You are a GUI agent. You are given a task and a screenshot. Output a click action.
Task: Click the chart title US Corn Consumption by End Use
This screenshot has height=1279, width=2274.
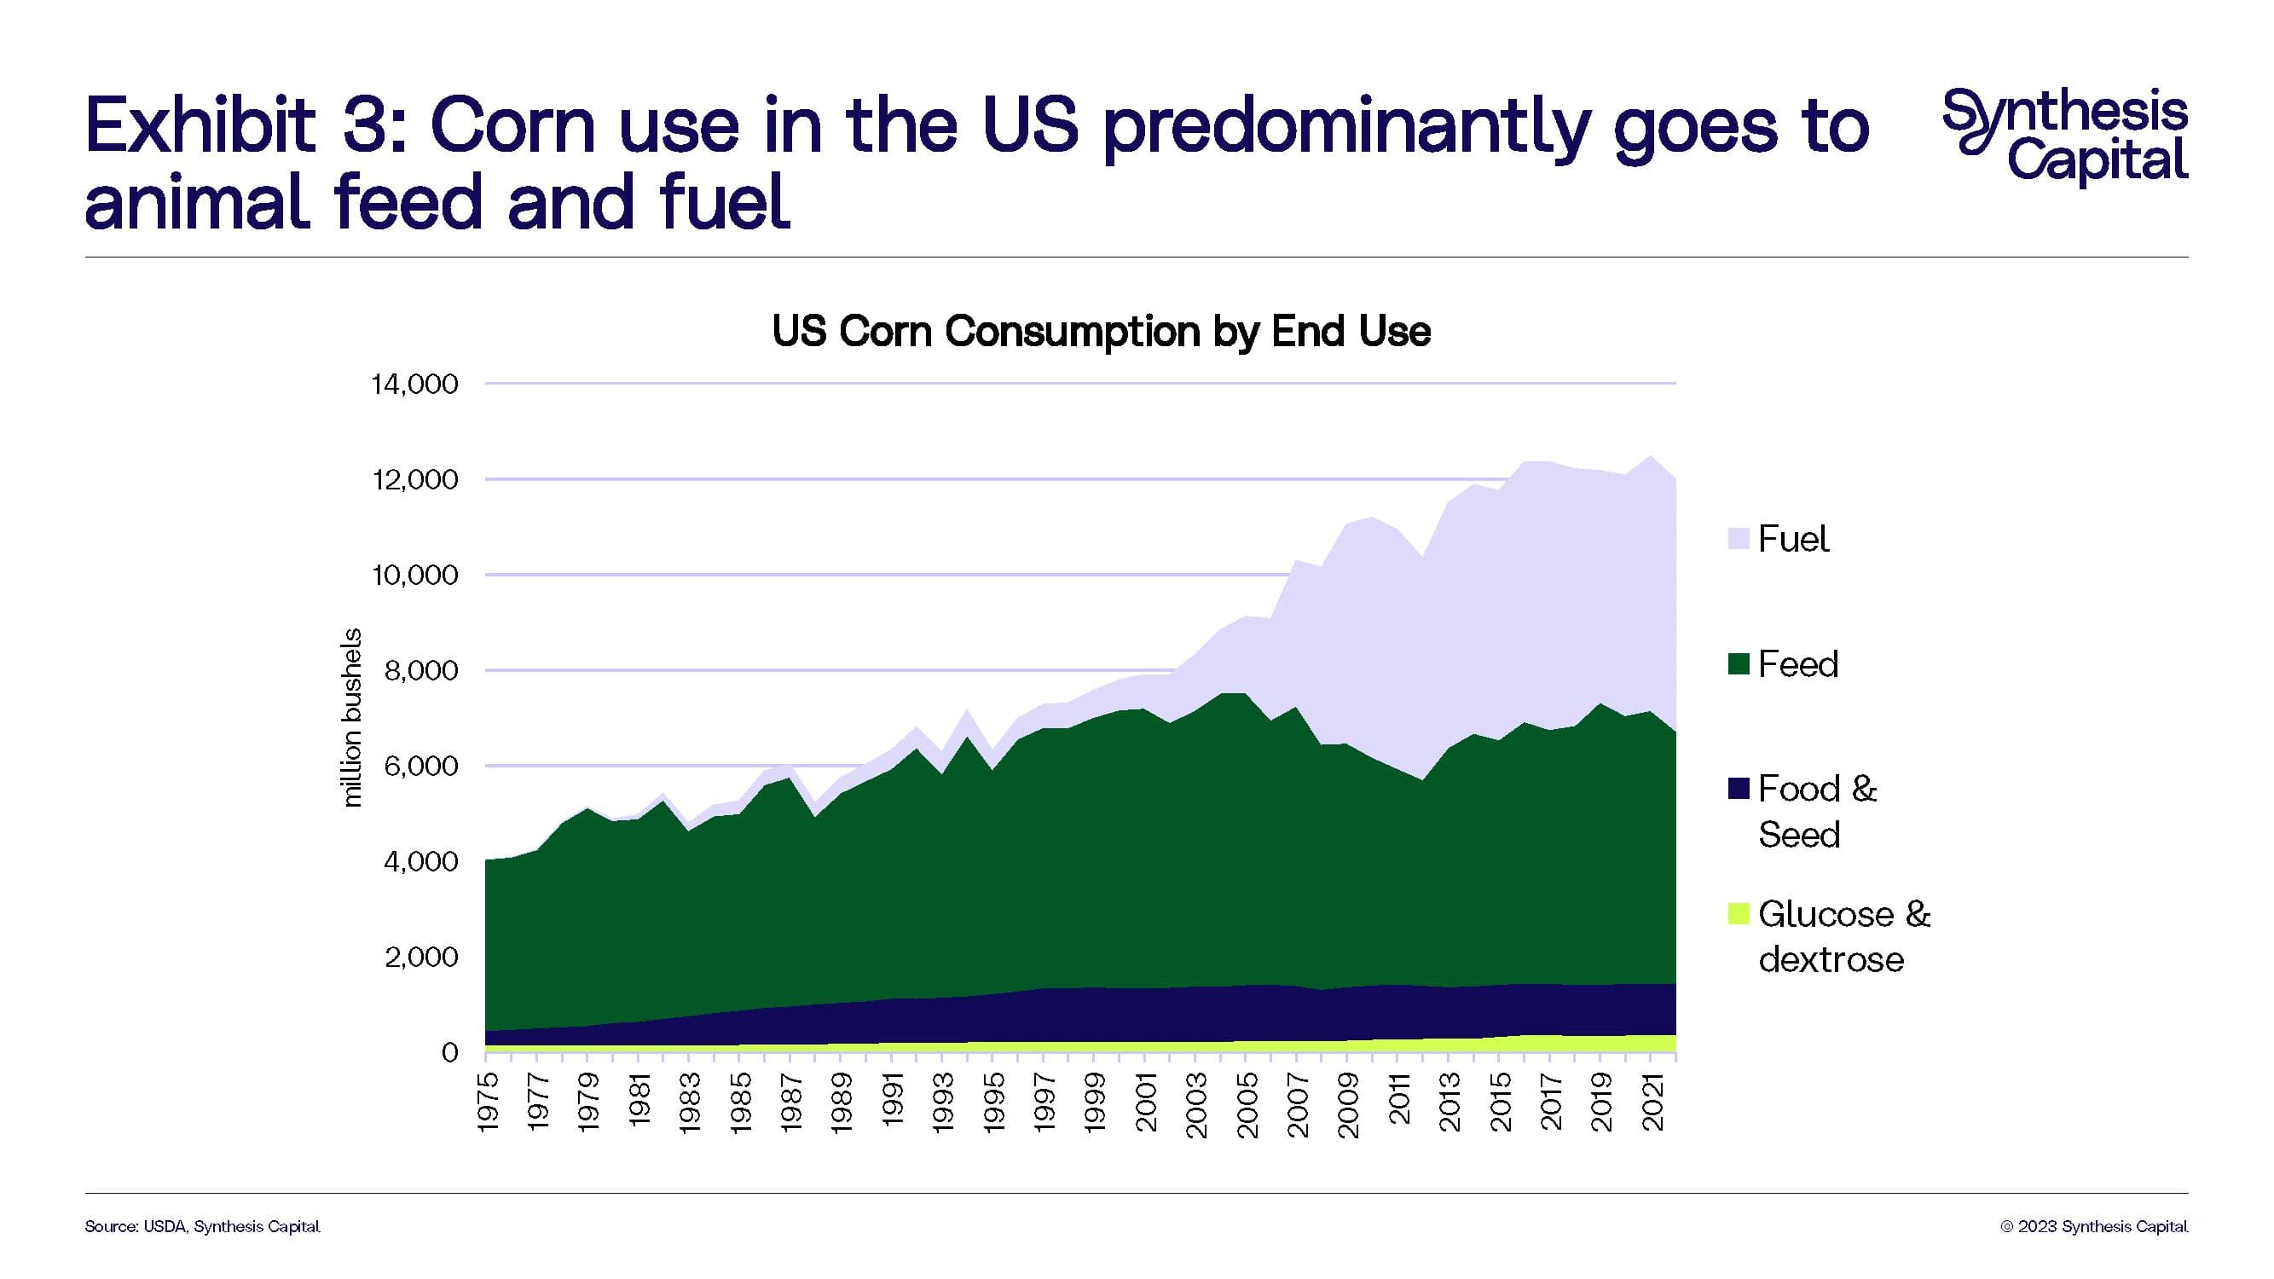[1101, 332]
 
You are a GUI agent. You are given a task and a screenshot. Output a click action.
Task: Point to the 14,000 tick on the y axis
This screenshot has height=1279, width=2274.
[415, 384]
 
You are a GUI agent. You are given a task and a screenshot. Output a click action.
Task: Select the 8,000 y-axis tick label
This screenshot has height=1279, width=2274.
[421, 671]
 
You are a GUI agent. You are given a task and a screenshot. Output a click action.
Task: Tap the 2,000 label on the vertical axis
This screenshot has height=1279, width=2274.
[421, 957]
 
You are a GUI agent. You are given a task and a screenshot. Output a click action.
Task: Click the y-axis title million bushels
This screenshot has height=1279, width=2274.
[352, 717]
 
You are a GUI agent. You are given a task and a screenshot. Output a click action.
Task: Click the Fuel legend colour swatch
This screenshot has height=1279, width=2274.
[1739, 538]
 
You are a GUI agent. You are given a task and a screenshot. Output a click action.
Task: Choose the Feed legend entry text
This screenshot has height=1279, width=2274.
[1797, 663]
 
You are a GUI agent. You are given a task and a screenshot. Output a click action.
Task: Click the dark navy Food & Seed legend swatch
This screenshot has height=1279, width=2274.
[1739, 788]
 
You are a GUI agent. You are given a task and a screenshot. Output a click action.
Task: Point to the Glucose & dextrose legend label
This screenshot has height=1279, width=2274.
[1843, 936]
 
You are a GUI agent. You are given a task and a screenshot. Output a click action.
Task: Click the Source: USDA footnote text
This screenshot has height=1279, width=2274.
[202, 1227]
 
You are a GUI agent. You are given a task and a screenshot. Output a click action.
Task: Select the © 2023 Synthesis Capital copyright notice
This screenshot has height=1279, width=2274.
[2094, 1227]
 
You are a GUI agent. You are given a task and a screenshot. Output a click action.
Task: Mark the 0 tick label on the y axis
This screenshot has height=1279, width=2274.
[450, 1052]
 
